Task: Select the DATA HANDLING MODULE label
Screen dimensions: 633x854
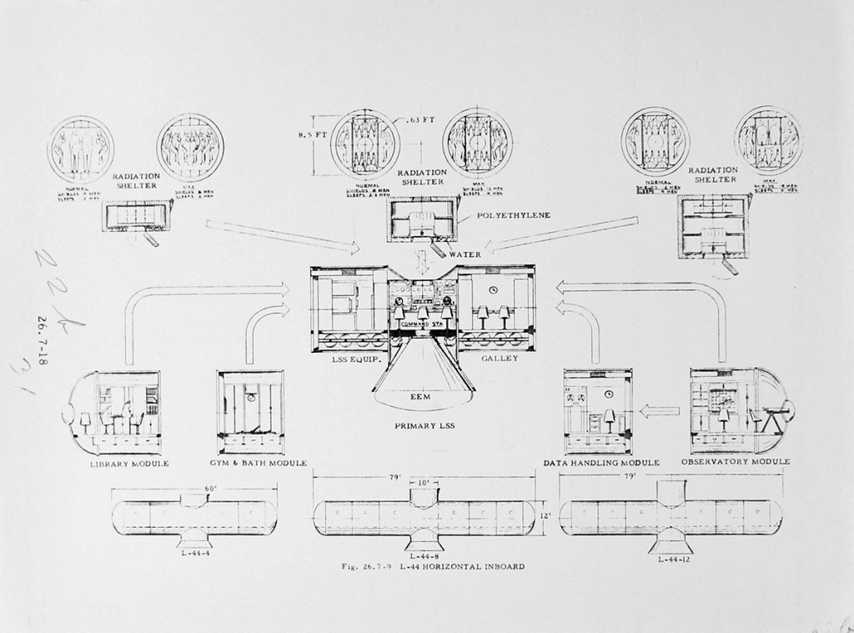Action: point(601,462)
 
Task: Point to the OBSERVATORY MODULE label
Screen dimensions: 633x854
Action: point(735,461)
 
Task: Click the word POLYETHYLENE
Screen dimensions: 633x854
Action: point(514,215)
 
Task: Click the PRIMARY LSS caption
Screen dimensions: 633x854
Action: point(424,425)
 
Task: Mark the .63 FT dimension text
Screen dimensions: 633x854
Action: point(421,119)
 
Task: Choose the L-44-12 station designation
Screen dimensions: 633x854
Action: point(672,559)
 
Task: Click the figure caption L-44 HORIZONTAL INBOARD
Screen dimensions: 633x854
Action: point(434,567)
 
